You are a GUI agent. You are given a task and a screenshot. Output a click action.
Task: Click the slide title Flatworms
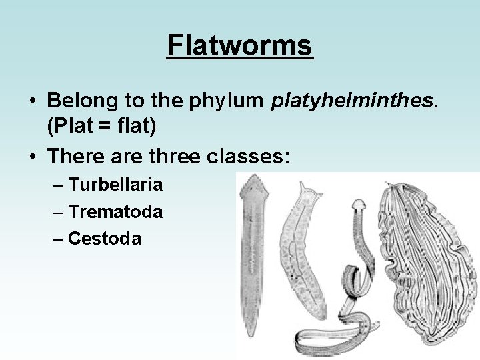point(240,46)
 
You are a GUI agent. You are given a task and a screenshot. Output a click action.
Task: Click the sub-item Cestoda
point(105,238)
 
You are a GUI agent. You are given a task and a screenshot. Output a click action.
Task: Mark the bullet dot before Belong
point(33,101)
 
